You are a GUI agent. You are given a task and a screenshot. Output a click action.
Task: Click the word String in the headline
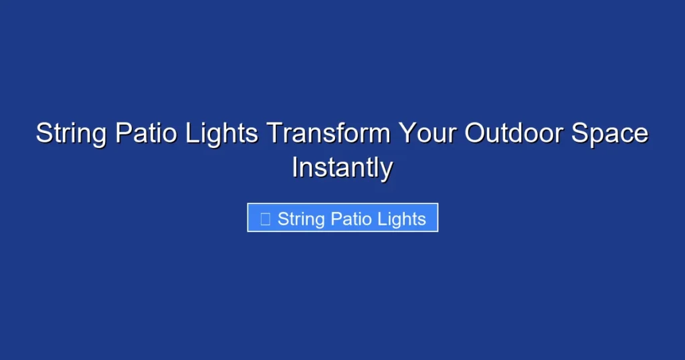click(71, 134)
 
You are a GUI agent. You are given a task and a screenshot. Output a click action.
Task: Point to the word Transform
click(328, 134)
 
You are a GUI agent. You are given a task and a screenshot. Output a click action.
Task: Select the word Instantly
click(342, 167)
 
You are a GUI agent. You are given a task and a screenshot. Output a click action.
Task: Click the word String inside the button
click(301, 219)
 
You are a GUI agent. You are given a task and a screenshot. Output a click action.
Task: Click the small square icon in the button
click(265, 219)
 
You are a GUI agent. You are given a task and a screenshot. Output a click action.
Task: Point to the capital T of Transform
click(274, 134)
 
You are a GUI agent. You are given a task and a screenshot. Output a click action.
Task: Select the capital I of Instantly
click(295, 167)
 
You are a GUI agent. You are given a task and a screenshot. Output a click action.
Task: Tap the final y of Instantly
click(386, 169)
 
